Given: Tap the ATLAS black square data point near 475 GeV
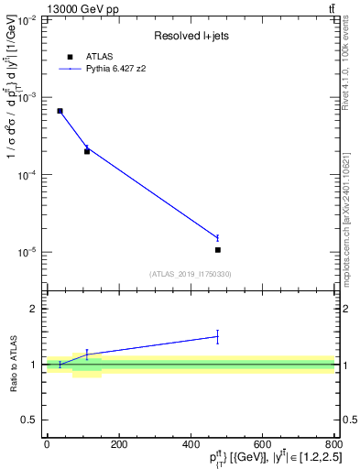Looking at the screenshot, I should click(217, 249).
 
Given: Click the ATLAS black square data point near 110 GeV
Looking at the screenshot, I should click(87, 151).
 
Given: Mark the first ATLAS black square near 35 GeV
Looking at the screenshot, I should click(60, 111).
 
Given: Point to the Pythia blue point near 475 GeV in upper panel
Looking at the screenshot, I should click(217, 237).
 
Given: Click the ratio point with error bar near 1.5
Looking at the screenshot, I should click(217, 336).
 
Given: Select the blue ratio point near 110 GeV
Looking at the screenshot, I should click(87, 354).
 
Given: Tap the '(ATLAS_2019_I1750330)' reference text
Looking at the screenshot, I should click(191, 274).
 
